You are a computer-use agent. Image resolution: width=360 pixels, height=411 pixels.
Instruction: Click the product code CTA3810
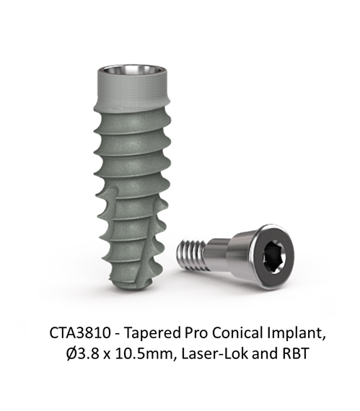[x=79, y=333]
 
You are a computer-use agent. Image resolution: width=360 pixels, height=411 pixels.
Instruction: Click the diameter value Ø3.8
[x=82, y=353]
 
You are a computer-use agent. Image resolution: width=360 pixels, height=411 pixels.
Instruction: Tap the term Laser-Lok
[x=213, y=353]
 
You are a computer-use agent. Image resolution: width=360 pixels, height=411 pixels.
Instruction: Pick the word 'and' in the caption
[x=263, y=353]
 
